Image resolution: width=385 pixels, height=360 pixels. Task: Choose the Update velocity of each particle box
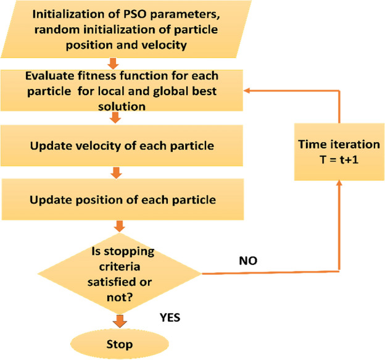point(112,146)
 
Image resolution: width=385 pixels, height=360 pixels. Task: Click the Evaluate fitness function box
point(112,90)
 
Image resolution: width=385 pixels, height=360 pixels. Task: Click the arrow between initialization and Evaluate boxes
point(112,62)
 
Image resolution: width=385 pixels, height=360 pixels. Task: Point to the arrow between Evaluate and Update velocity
point(112,118)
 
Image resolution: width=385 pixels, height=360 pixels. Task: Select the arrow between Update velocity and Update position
point(112,174)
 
